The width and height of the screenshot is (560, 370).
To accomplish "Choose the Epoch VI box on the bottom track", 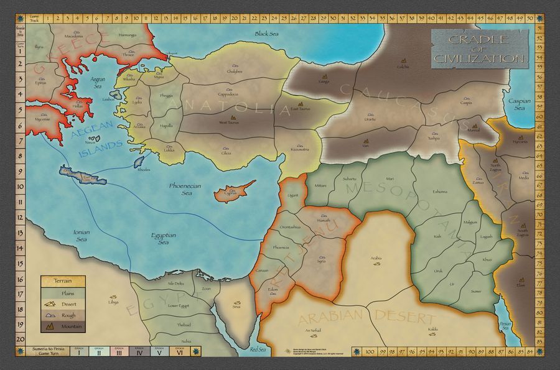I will (x=180, y=351).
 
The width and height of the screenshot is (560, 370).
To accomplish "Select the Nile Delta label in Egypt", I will (x=176, y=284).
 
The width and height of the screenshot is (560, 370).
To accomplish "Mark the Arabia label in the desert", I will (x=376, y=257).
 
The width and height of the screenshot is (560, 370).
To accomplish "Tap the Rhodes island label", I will (x=144, y=169).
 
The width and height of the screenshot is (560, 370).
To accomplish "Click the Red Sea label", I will (x=258, y=351).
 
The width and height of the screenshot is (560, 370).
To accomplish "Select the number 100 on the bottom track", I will (x=370, y=351).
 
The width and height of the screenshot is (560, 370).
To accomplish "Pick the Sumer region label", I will (x=476, y=291).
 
